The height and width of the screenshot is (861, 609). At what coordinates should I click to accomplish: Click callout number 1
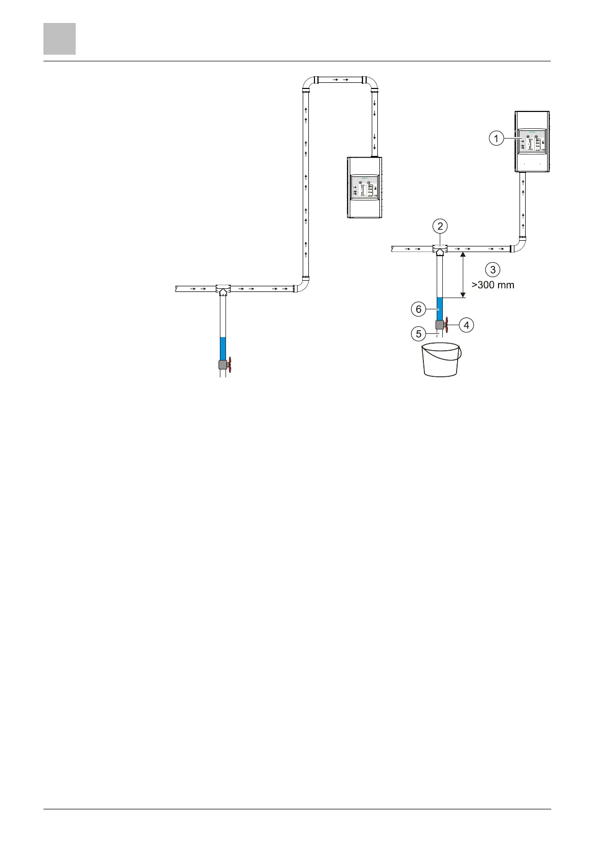pos(495,138)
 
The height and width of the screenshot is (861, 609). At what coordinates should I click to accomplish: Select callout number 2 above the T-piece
pos(440,225)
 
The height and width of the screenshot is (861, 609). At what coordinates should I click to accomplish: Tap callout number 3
pos(492,269)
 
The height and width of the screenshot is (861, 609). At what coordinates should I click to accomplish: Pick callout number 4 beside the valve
pos(466,324)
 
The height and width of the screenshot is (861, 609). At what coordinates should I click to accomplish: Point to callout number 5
pos(418,334)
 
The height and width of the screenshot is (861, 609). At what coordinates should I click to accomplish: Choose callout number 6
pos(418,309)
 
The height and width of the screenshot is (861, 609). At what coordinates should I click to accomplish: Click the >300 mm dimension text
pos(492,285)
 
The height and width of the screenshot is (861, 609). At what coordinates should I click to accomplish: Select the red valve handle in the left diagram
pos(230,365)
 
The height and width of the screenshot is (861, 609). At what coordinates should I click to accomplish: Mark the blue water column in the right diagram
pos(439,308)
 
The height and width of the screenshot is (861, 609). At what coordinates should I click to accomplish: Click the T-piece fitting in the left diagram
pos(223,289)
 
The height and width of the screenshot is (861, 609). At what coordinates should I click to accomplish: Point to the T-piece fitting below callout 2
pos(440,250)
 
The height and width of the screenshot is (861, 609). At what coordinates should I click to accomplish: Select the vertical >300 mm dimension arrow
pos(463,274)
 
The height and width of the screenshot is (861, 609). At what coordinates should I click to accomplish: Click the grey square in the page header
pos(59,38)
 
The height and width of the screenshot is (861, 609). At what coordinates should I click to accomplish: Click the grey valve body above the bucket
pos(439,325)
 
